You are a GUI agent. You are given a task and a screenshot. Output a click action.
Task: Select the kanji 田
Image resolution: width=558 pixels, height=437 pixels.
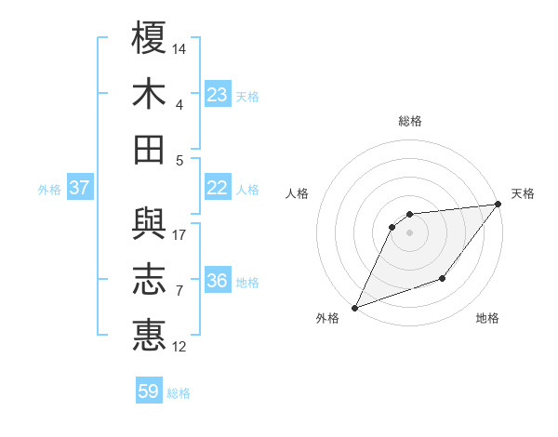150,149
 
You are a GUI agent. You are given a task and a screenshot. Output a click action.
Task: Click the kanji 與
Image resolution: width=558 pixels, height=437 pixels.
150,223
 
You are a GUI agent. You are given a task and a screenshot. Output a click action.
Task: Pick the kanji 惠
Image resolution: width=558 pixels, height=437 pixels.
150,335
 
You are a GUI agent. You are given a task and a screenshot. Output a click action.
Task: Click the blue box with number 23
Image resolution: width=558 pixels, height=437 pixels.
218,94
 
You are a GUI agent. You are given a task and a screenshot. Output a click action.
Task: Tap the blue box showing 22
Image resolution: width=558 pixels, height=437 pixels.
218,188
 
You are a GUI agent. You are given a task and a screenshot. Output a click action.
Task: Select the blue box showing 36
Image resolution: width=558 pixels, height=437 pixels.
218,281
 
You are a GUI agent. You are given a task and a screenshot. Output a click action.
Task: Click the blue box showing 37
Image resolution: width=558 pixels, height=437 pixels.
80,188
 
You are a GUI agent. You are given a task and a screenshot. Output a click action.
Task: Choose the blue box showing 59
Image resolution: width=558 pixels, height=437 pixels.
149,391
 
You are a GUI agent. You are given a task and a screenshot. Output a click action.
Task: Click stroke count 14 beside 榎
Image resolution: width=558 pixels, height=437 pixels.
179,47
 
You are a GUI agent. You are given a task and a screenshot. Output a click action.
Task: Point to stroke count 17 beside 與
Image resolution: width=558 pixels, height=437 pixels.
179,234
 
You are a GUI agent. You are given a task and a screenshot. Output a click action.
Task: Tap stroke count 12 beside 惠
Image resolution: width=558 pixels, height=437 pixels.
179,347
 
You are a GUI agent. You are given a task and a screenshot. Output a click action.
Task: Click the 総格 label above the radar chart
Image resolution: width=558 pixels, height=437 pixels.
409,122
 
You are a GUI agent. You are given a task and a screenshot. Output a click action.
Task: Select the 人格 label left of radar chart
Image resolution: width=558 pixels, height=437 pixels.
298,194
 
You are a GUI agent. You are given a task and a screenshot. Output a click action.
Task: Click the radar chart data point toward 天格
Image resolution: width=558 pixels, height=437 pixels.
498,205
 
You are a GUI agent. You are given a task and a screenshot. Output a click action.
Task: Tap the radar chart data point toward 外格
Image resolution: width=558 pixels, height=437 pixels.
354,307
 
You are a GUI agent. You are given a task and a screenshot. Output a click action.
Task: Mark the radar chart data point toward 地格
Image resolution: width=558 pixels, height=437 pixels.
444,279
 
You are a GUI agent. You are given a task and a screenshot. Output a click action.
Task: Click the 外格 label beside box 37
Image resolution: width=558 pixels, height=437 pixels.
49,190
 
